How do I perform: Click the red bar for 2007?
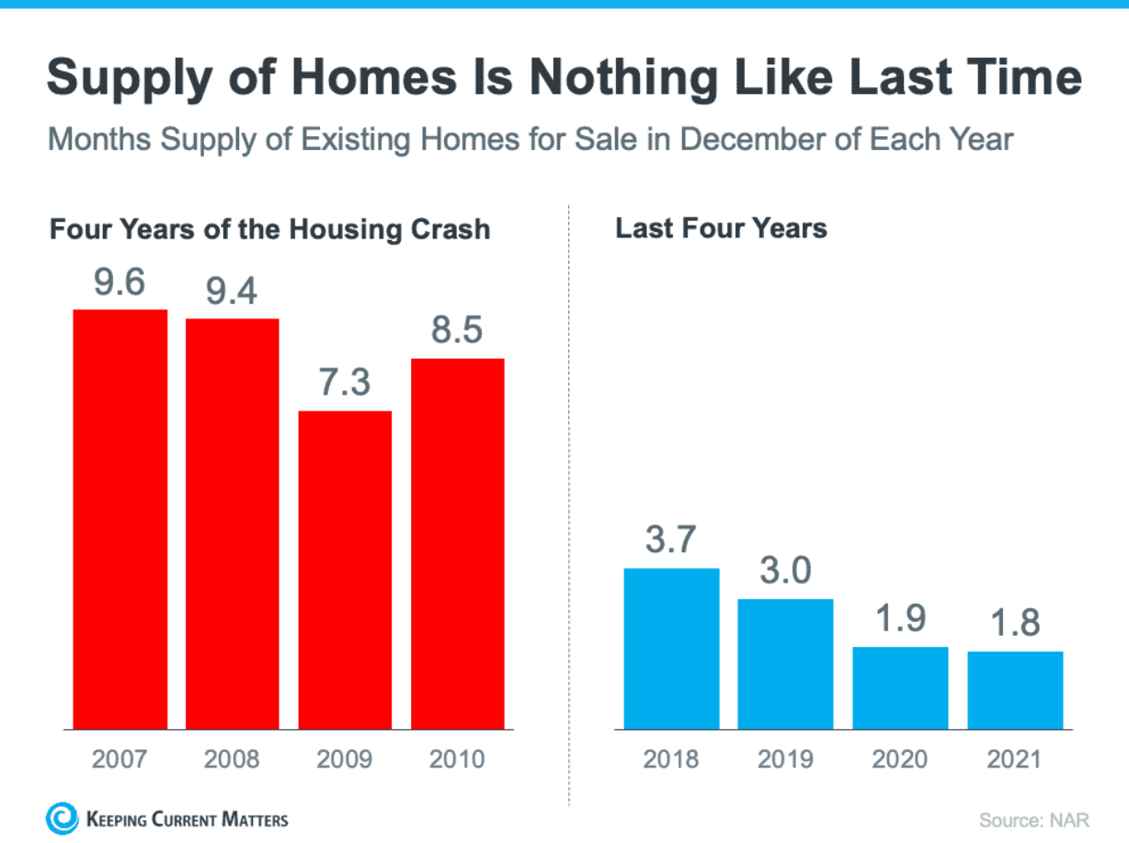coord(120,519)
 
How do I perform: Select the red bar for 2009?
coord(345,570)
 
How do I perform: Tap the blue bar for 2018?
coord(671,649)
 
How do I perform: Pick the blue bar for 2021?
coord(1015,690)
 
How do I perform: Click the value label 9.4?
coord(232,292)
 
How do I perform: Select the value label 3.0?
coord(785,572)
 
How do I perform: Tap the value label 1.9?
coord(899,619)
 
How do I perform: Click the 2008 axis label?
coord(232,759)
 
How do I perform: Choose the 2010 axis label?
coord(457,759)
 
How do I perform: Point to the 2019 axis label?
coord(785,759)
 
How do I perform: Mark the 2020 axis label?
coord(899,759)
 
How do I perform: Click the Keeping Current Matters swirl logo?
coord(63,818)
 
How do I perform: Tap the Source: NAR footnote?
coord(1031,819)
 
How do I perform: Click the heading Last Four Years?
coord(721,228)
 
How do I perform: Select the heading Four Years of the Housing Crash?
coord(269,228)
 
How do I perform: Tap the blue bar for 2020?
coord(899,687)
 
